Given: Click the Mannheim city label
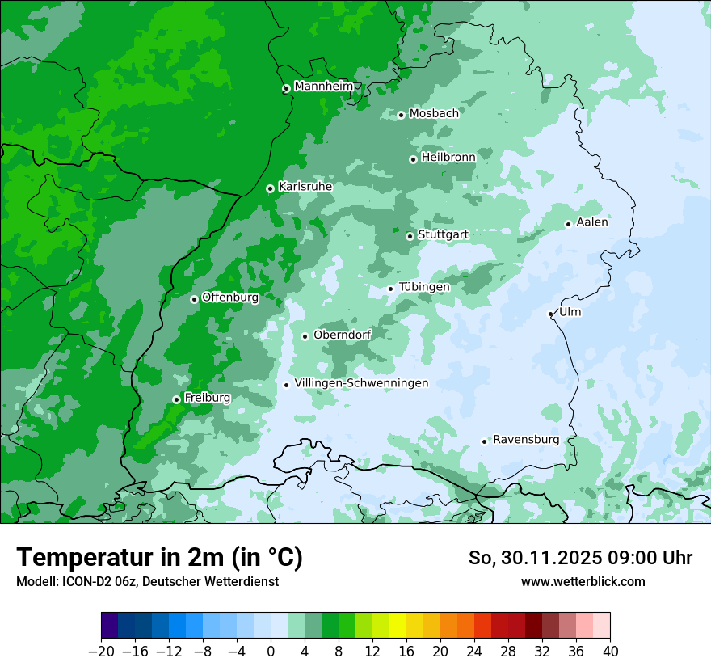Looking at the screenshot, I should tap(323, 87).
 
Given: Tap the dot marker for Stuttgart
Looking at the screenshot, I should tap(410, 236).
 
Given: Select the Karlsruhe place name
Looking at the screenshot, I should tap(305, 187).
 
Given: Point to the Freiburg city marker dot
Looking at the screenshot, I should tap(176, 399).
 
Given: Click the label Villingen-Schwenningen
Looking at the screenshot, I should tap(361, 383).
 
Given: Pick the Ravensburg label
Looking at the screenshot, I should tap(525, 440).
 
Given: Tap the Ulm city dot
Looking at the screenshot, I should tap(551, 314).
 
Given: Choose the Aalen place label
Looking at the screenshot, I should tap(592, 222).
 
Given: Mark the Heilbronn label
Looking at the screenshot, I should tap(448, 157).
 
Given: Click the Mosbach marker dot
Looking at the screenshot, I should tap(401, 115).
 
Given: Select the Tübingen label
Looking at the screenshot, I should tap(424, 287).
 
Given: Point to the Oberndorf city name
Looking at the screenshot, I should tap(343, 335).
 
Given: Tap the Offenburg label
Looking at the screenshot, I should tap(230, 298).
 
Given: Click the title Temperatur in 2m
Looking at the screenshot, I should tap(159, 558).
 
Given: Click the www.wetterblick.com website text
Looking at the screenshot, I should tap(583, 581).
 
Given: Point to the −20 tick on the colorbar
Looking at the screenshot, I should tap(101, 651).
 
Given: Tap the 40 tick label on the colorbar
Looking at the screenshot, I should tap(610, 651).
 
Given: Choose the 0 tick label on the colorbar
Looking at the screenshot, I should tap(271, 651).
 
